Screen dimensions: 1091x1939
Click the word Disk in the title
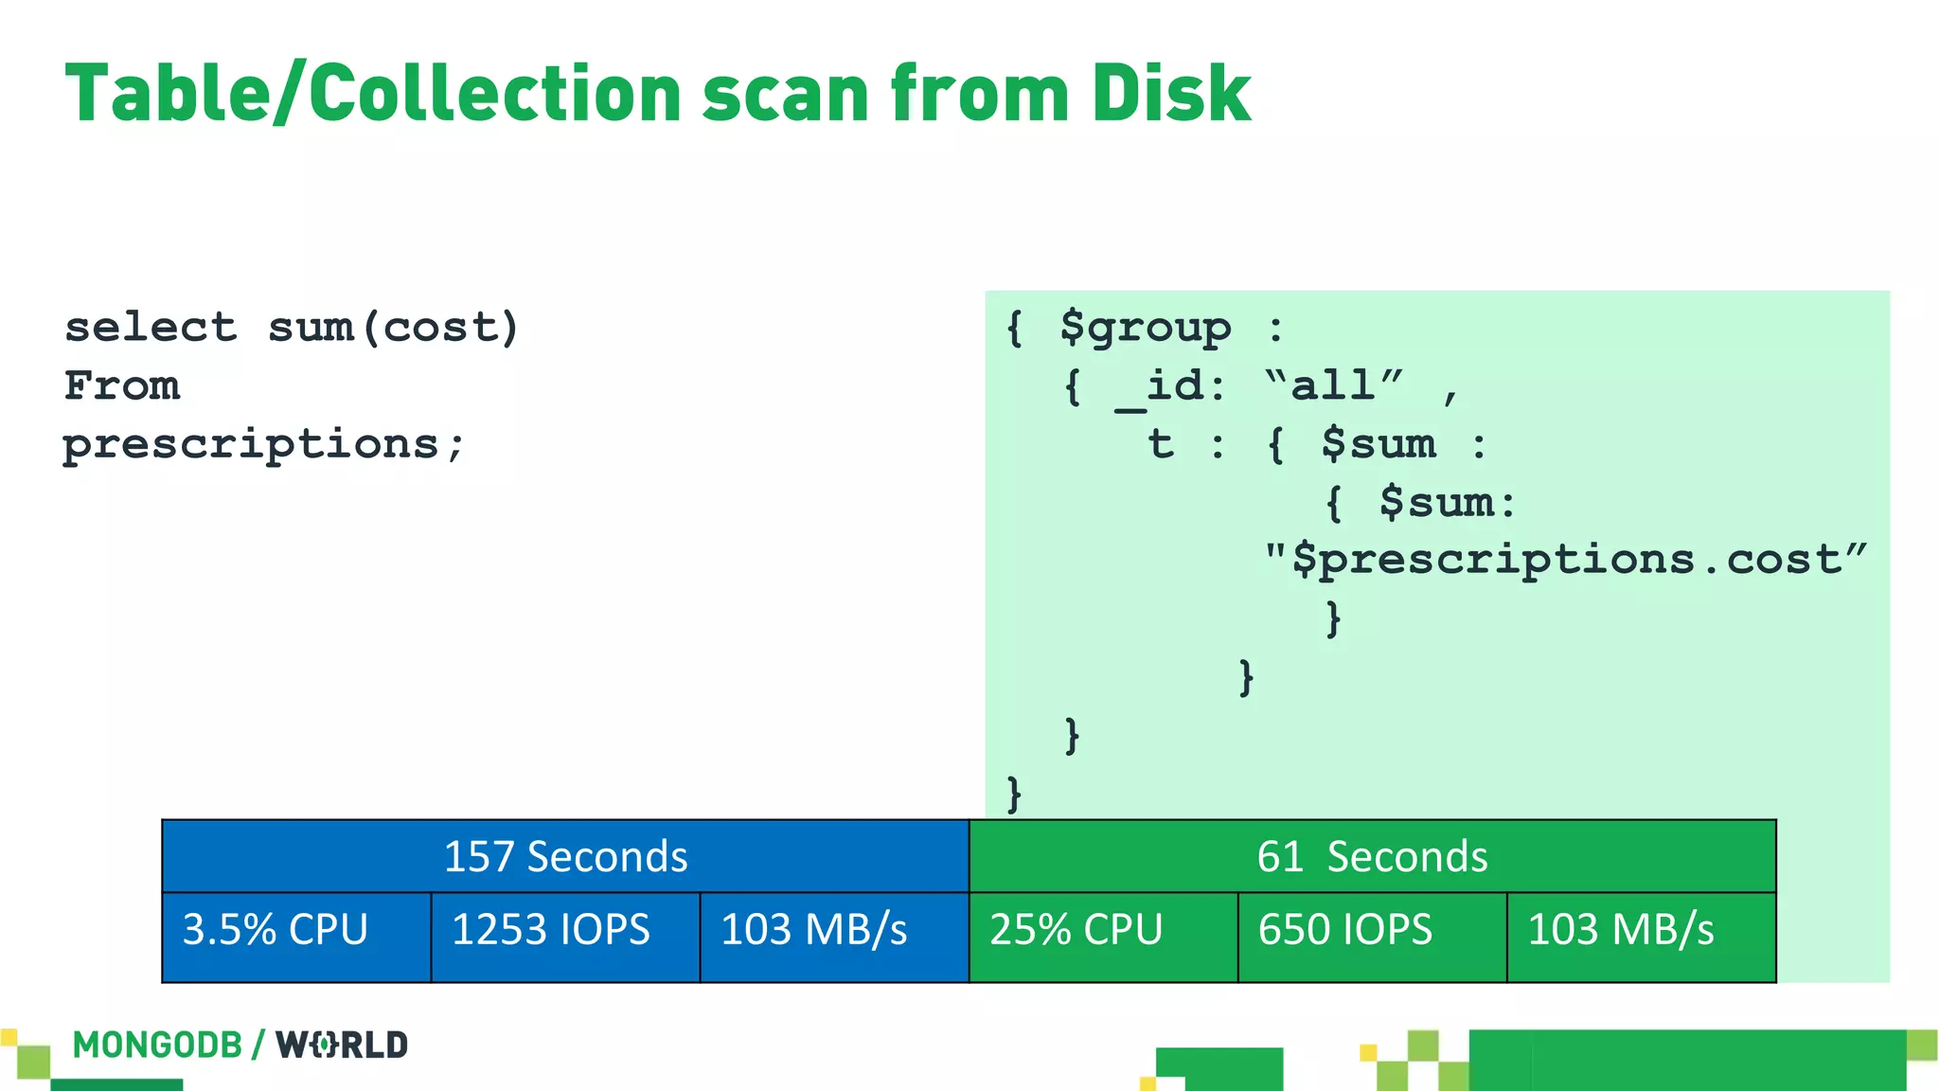coord(1170,93)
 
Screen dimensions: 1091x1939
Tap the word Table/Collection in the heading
coord(372,93)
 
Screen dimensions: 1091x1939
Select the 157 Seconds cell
coord(565,856)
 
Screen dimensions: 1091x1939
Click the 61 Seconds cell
coord(1372,856)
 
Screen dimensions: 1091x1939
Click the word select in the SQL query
coord(150,328)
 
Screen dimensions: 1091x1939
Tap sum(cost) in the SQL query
coord(393,328)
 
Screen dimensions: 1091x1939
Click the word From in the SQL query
coord(121,385)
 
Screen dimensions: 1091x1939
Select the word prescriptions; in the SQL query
coord(263,444)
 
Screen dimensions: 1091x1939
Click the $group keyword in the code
coord(1146,328)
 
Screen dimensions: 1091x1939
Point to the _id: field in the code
coord(1170,386)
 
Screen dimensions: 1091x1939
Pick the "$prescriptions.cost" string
coord(1566,560)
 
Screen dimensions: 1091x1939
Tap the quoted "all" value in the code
coord(1334,385)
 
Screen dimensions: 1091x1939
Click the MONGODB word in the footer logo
coord(157,1045)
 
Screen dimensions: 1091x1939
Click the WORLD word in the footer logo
coord(342,1045)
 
